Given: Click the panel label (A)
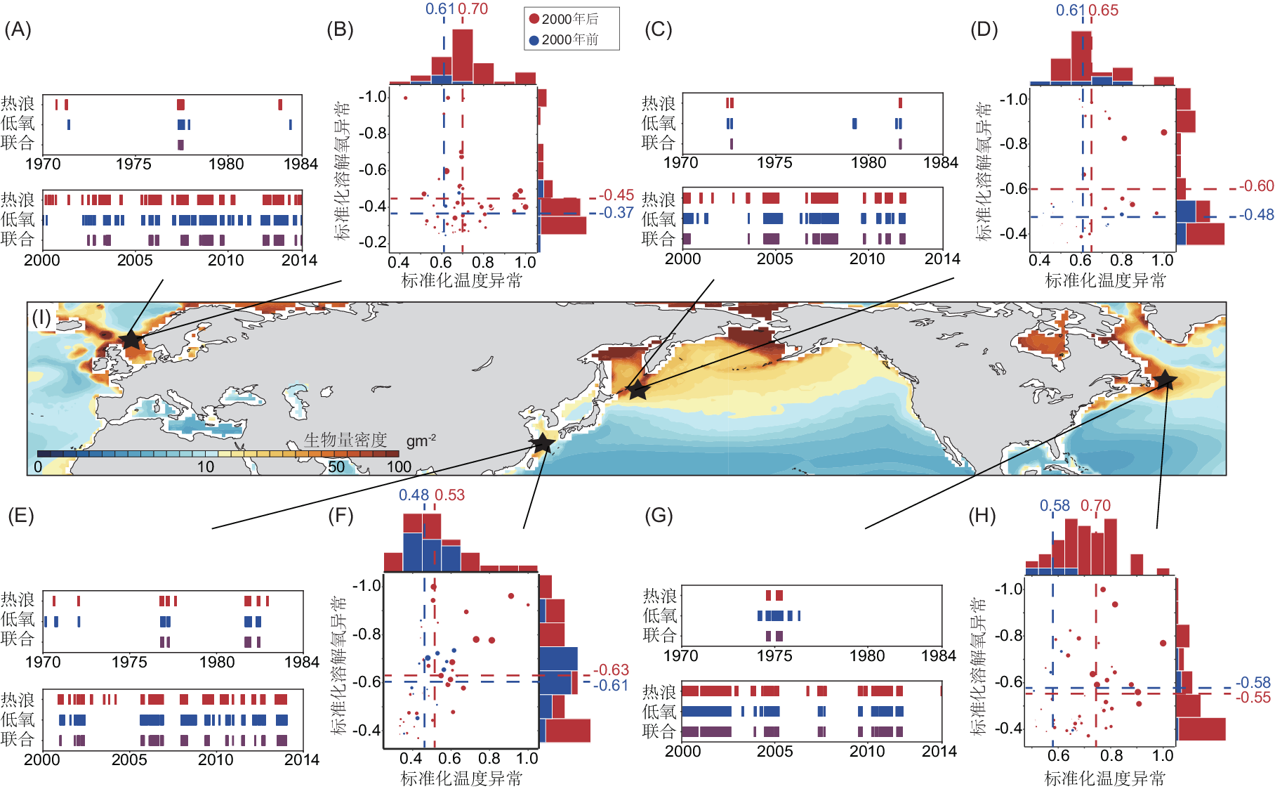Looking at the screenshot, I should [x=18, y=30].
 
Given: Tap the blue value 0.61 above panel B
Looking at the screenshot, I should [x=440, y=9].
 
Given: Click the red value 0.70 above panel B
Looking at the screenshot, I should [x=473, y=9].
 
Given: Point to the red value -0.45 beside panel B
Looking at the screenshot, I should [x=617, y=195].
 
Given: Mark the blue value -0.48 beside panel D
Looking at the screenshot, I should [x=1256, y=215].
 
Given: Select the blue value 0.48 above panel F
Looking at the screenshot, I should [x=414, y=495].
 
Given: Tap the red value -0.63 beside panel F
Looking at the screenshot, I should [x=612, y=670].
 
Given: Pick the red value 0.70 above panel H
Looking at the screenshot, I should [x=1095, y=506].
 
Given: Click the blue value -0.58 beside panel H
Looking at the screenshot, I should [x=1253, y=683].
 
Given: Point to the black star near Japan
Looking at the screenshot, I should [x=542, y=443].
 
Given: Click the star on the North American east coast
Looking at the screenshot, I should [x=1165, y=380].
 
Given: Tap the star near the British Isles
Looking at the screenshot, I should [x=131, y=340].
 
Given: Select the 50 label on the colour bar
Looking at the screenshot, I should [x=336, y=467].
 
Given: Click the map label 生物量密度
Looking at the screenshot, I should [x=345, y=441].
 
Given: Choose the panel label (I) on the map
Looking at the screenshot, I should [x=42, y=318].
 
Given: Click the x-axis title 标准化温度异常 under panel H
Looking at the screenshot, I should [x=1105, y=778].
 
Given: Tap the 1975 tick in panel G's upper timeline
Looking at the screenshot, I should [x=774, y=656].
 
